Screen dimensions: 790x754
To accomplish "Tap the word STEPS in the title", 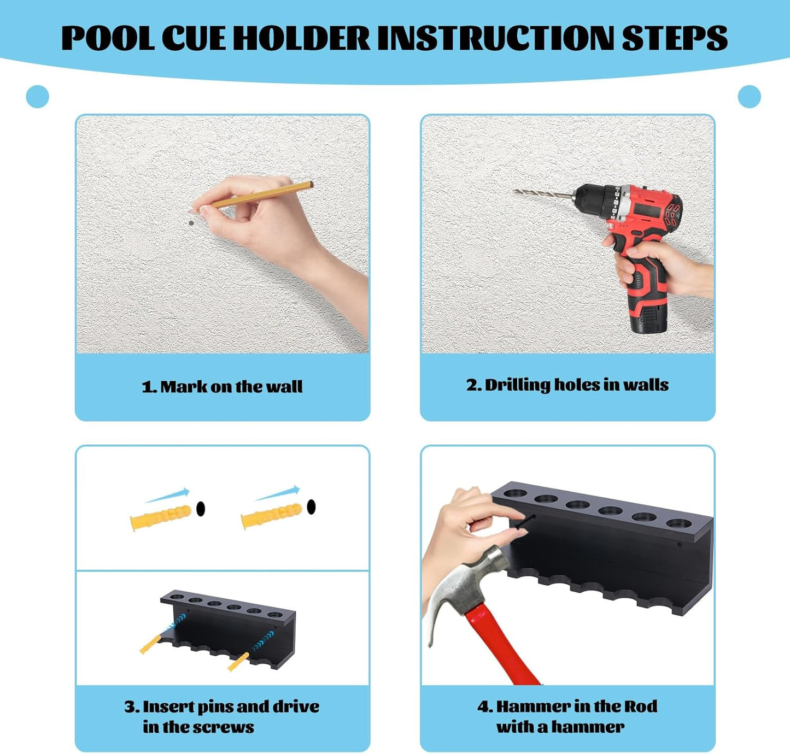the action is (674, 38).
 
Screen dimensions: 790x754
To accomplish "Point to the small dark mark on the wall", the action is (191, 223).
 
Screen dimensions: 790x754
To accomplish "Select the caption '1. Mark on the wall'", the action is (222, 386).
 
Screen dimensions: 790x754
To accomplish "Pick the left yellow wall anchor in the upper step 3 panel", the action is (161, 517).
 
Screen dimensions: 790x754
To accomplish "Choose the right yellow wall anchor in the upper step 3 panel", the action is (272, 516).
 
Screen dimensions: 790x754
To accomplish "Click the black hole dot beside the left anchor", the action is (201, 509).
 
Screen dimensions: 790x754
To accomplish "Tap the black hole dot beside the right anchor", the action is (312, 506).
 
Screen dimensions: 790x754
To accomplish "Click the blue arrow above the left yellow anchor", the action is (167, 496).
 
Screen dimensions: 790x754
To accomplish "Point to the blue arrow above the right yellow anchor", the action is (278, 493).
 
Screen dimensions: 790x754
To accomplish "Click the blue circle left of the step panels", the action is (37, 97).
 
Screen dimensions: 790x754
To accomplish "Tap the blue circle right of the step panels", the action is (750, 97).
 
